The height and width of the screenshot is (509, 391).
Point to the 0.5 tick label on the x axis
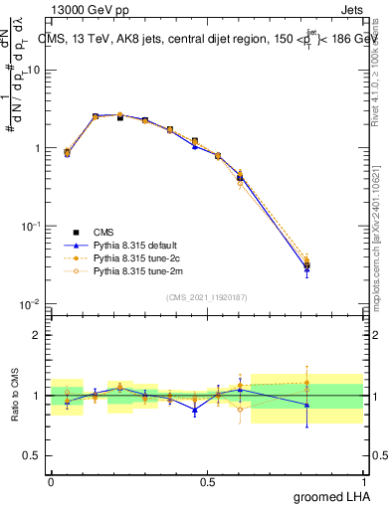coord(207,481)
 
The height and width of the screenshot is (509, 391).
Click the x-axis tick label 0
coord(51,481)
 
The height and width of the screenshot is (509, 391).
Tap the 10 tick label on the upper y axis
coord(34,71)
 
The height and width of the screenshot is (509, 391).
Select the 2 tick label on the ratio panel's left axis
coord(38,335)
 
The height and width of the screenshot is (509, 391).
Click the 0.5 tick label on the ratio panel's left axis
coord(33,456)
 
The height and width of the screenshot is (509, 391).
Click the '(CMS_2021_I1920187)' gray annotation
coord(207,296)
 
